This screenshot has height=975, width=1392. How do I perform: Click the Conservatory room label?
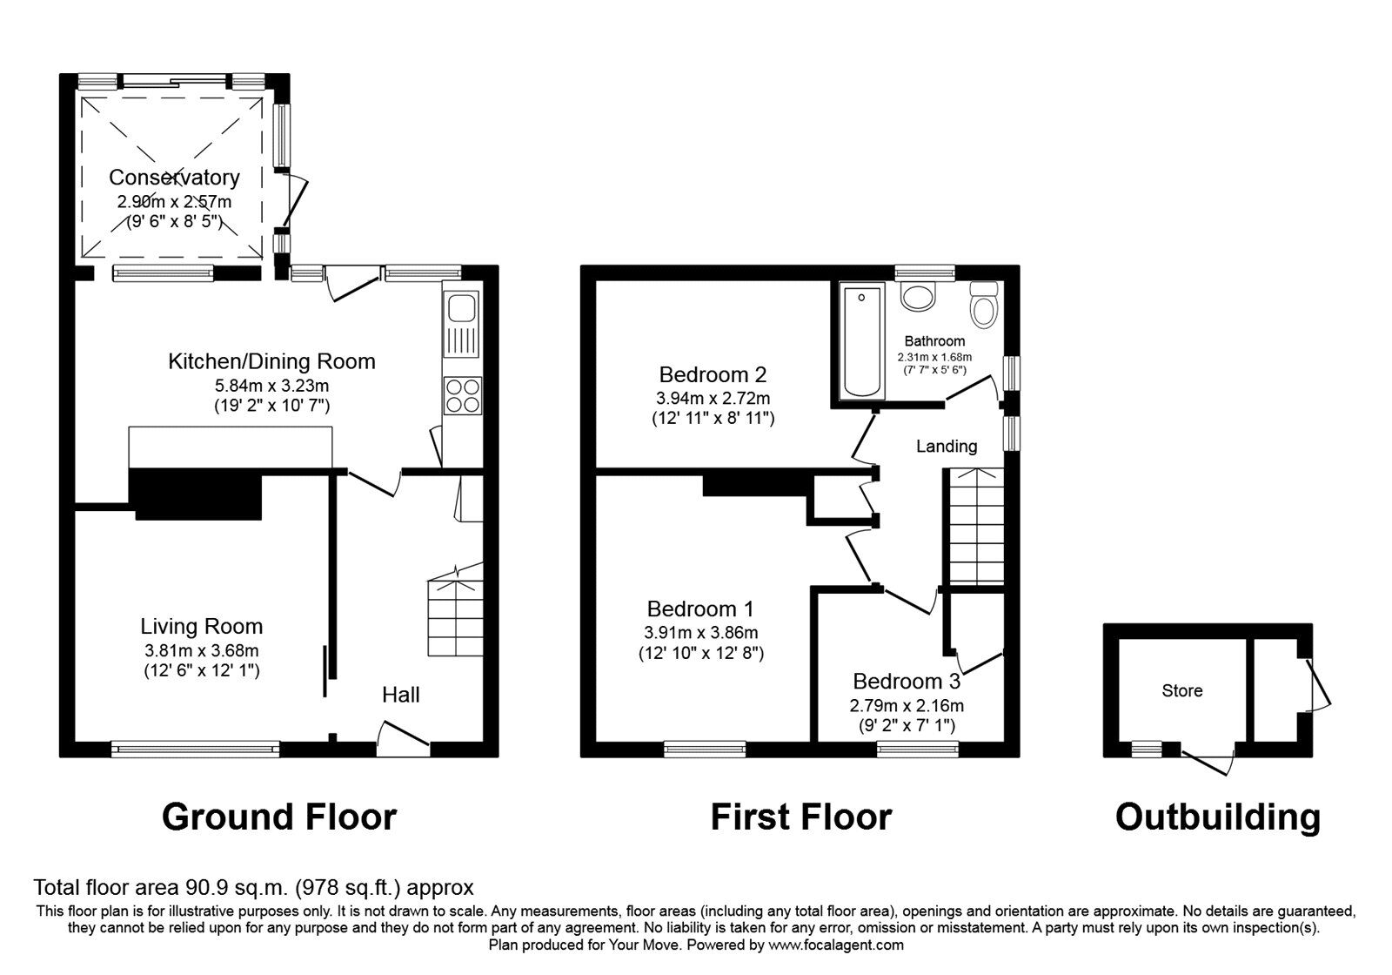coord(174,178)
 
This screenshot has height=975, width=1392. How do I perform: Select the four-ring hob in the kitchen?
coord(461,395)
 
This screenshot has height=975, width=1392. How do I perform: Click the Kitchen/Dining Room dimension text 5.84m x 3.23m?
coord(271,386)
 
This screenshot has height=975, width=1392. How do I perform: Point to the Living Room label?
coord(202,626)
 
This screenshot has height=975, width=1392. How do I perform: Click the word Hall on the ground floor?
coord(401,695)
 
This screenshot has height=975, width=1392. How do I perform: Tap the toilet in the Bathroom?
coord(984,306)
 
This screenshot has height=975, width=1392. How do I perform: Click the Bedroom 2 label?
coord(713,375)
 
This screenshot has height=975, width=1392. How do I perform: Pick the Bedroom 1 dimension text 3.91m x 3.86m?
coord(700,633)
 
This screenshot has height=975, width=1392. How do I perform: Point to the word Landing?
coord(947,447)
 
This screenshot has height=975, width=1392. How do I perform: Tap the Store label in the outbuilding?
coord(1182,691)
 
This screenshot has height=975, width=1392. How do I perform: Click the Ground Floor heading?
coord(279,817)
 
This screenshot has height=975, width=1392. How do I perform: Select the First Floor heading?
coord(800,817)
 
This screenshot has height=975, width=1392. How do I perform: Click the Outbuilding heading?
coord(1217,817)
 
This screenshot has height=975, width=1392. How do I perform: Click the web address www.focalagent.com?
coord(836,945)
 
